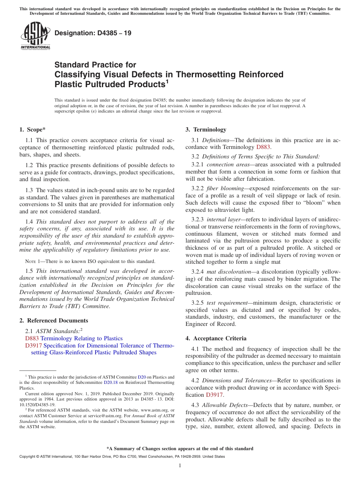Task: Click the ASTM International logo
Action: click(35, 36)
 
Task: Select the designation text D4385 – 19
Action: click(93, 33)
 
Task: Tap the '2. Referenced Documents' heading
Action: click(54, 321)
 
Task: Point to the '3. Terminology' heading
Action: click(206, 130)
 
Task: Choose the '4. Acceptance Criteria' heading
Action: click(216, 338)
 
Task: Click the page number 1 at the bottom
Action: click(180, 466)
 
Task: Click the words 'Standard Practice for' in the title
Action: click(95, 65)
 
